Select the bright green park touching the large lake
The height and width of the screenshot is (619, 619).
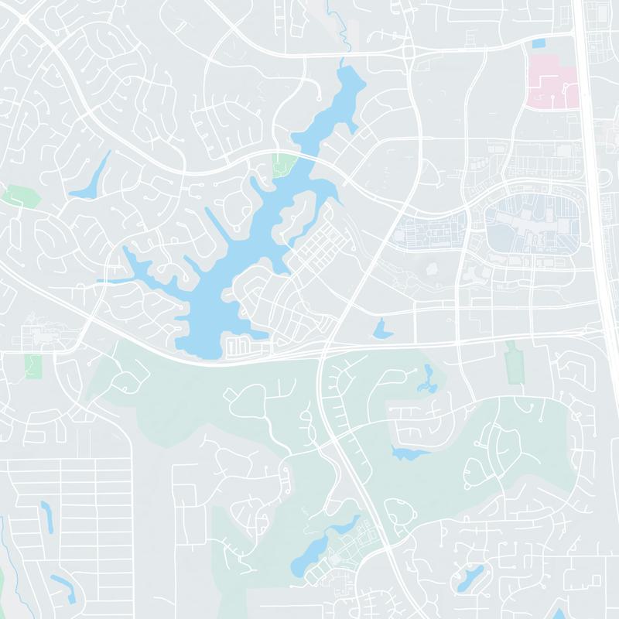pyautogui.click(x=284, y=165)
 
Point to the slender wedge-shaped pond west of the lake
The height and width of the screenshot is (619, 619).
pyautogui.click(x=91, y=176)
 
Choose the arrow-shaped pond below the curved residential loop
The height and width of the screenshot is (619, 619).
pyautogui.click(x=408, y=453)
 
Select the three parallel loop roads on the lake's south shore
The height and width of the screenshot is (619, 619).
pyautogui.click(x=239, y=345)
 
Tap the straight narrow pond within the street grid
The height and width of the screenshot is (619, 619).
pyautogui.click(x=46, y=515)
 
